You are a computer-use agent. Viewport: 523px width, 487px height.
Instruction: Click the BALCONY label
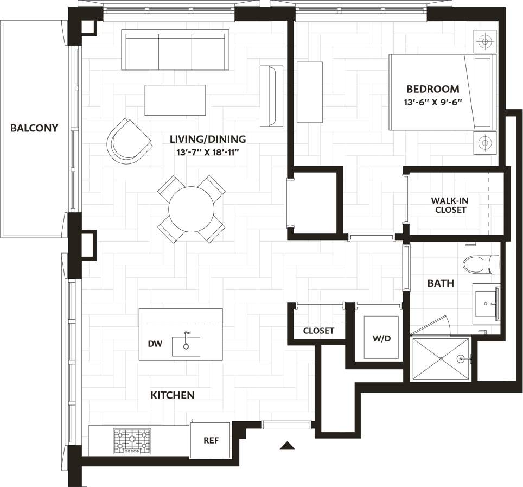(34, 128)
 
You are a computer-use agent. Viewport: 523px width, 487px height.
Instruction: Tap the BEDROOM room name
(432, 89)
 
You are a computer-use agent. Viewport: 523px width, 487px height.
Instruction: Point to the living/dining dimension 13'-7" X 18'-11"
(207, 153)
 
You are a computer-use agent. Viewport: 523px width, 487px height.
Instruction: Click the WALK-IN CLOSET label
(451, 205)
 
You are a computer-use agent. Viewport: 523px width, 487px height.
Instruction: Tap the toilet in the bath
(480, 264)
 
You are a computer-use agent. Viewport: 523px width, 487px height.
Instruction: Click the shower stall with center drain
(441, 359)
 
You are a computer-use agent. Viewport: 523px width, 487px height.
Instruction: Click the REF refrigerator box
(211, 440)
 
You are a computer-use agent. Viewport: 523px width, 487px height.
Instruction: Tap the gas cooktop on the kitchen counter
(132, 441)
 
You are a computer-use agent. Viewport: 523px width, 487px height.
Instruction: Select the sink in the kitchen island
(186, 345)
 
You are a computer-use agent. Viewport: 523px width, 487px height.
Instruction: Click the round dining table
(191, 209)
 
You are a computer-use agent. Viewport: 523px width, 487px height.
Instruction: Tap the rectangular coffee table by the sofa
(175, 99)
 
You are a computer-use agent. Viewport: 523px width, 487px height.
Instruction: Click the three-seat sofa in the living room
(175, 50)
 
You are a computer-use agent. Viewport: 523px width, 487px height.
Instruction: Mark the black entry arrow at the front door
(287, 446)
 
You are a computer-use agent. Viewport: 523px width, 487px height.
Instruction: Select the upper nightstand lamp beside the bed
(484, 40)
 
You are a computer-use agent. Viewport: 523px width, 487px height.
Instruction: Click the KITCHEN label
(172, 395)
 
